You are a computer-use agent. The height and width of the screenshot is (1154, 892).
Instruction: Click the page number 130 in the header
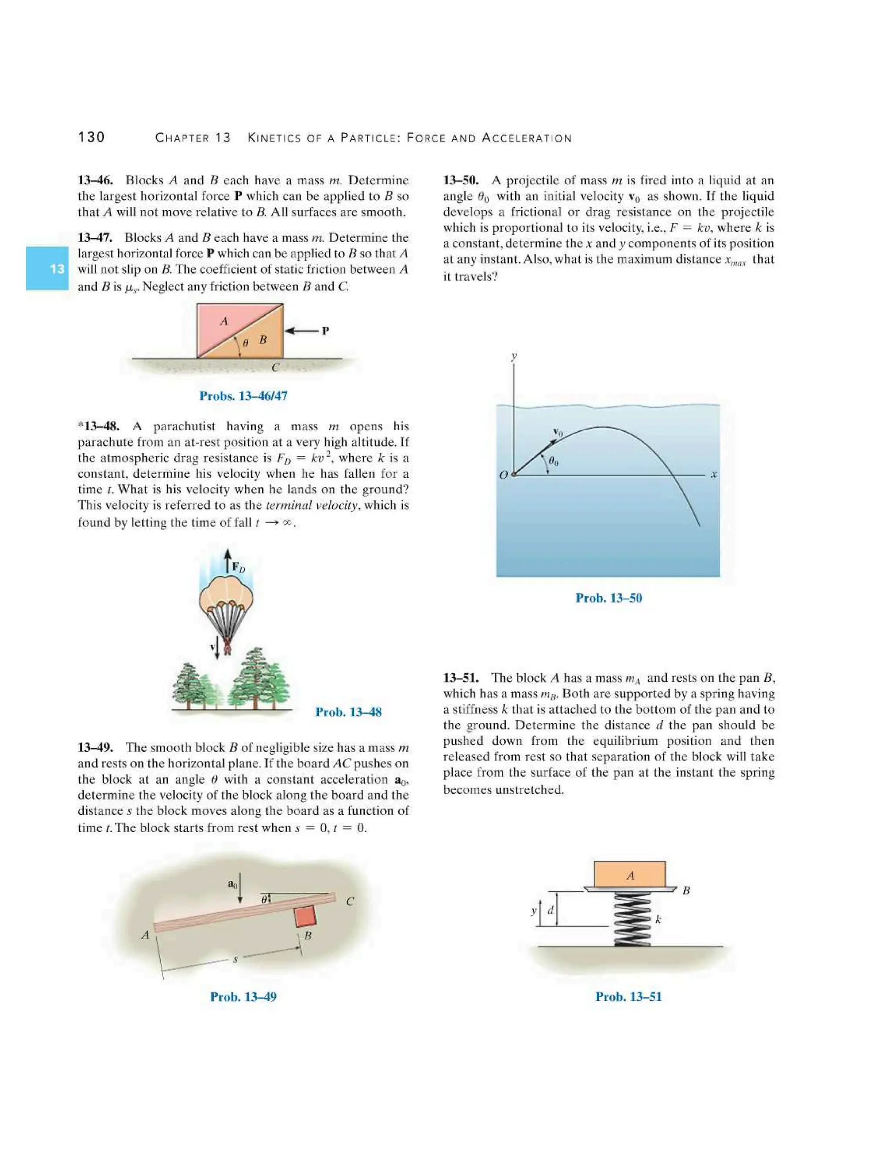[91, 137]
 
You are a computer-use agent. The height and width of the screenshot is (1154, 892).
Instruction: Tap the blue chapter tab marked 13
[47, 268]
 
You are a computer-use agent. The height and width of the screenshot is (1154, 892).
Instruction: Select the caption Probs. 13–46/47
[243, 396]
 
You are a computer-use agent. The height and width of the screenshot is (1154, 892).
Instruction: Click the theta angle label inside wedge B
[245, 342]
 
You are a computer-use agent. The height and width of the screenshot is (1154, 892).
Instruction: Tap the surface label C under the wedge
[275, 367]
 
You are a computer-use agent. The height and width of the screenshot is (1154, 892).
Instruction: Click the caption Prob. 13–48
[348, 712]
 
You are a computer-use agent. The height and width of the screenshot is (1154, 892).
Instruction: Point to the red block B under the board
[305, 916]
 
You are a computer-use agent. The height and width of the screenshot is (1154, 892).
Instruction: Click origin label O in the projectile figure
[503, 475]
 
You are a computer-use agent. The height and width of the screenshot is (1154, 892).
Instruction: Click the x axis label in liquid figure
[713, 475]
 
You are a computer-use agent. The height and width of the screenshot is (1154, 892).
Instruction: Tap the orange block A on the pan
[629, 875]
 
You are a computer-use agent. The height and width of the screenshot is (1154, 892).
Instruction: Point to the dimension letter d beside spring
[551, 911]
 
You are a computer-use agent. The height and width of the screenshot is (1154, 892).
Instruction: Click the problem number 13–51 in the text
[461, 678]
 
